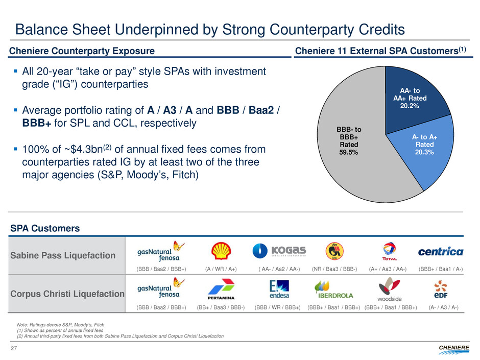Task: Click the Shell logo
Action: (x=220, y=251)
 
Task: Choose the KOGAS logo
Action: (x=279, y=251)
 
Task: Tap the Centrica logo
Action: (x=440, y=251)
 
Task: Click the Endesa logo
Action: (x=279, y=290)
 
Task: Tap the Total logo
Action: (x=390, y=251)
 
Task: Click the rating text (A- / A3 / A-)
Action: (x=443, y=307)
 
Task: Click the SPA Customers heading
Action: (x=45, y=228)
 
